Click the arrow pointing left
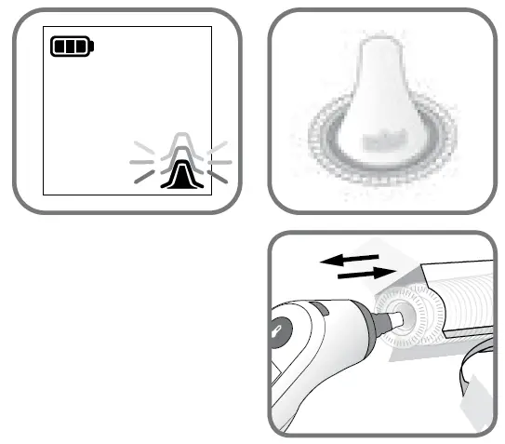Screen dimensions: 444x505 348,260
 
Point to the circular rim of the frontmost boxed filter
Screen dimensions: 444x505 410,317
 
